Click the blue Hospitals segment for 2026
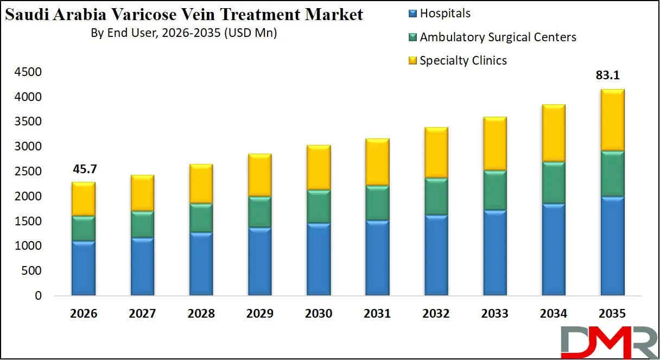coord(84,268)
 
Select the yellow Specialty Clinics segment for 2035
coord(612,120)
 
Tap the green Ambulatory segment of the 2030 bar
coord(319,206)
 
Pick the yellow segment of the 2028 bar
coord(201,184)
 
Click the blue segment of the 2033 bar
coord(494,253)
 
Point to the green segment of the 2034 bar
coord(553,182)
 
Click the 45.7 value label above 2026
coord(84,170)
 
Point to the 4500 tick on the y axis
coord(29,72)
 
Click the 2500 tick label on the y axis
coord(29,172)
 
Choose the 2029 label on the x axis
coord(259,314)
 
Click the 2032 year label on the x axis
coord(436,314)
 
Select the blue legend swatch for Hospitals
coord(412,14)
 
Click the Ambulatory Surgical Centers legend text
coord(498,37)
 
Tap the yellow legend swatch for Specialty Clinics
coord(412,60)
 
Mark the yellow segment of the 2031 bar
coord(377,162)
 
